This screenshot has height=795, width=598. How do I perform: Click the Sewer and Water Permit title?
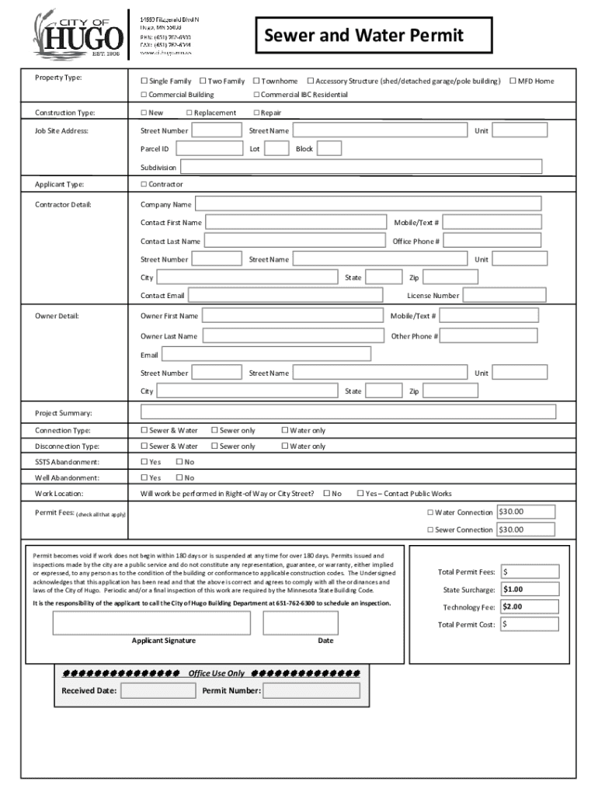point(363,36)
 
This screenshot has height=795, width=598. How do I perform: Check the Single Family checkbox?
point(144,82)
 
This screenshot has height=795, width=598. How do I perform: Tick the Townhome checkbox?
point(256,82)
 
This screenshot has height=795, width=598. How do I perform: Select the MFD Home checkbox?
point(513,82)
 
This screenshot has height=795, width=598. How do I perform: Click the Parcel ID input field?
point(210,148)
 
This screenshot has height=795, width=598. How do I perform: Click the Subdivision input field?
point(360,167)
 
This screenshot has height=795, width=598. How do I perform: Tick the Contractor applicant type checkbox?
point(144,185)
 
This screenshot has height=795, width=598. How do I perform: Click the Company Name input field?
point(368,204)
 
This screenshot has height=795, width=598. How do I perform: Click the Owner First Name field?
point(294,316)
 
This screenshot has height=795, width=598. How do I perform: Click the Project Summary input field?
point(348,412)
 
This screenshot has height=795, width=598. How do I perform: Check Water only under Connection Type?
point(285,430)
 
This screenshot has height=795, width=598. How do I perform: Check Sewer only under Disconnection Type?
point(214,446)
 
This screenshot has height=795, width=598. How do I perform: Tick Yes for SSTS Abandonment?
point(144,462)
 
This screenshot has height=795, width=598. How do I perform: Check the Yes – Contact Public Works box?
point(360,493)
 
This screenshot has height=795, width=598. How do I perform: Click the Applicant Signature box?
point(151,623)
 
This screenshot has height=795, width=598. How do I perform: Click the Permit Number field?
point(311,690)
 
